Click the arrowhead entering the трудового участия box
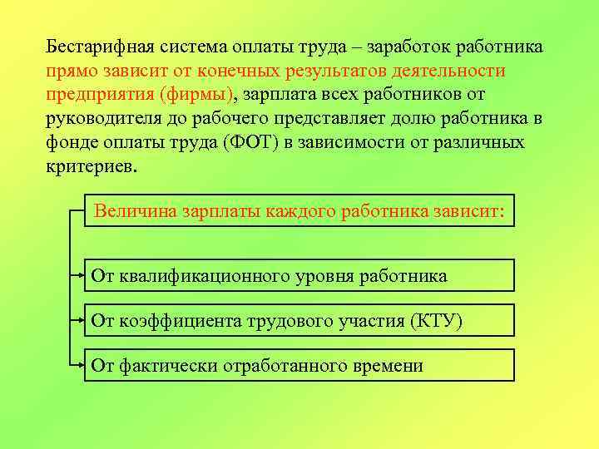[x=83, y=319]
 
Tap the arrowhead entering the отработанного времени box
[x=83, y=364]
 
